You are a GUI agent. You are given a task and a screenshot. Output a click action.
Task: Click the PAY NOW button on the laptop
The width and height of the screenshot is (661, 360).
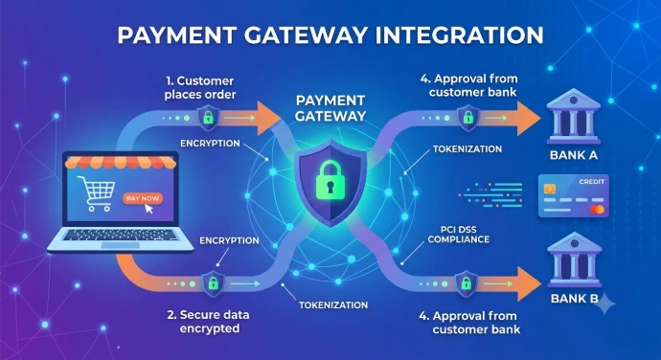click(x=143, y=198)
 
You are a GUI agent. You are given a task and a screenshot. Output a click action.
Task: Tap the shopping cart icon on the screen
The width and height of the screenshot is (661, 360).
click(x=97, y=193)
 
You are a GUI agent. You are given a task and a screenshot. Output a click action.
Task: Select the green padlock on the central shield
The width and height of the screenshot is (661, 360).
click(x=330, y=179)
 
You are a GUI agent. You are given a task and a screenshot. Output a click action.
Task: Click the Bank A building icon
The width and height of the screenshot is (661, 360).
click(x=573, y=116)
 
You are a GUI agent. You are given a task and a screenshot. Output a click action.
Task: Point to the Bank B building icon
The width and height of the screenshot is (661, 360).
click(x=574, y=259)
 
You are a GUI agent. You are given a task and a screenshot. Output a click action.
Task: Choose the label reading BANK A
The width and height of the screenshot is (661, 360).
click(x=573, y=155)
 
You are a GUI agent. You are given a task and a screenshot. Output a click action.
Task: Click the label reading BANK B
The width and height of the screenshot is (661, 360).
click(x=574, y=299)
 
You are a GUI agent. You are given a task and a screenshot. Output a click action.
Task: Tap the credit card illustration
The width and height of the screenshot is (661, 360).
click(x=573, y=196)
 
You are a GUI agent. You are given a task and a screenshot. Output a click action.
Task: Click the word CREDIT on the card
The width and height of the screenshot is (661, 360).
click(x=591, y=182)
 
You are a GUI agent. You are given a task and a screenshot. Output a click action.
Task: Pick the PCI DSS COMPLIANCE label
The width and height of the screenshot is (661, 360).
click(x=459, y=235)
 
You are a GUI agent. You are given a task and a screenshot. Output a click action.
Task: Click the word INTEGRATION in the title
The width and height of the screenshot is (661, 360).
click(x=459, y=35)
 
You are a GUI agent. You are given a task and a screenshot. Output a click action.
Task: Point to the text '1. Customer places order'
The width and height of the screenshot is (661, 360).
click(x=200, y=88)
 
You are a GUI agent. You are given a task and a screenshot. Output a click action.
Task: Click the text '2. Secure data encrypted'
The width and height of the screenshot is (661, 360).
click(x=208, y=322)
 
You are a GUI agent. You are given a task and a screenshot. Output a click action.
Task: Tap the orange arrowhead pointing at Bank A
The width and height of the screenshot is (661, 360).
click(x=528, y=118)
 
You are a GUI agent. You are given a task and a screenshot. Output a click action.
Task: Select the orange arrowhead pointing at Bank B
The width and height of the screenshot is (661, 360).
click(x=529, y=283)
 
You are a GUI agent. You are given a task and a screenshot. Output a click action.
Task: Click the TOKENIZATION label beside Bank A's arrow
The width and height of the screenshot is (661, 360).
click(x=467, y=148)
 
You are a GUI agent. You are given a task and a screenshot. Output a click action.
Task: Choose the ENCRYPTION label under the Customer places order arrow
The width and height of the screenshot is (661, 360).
click(x=210, y=144)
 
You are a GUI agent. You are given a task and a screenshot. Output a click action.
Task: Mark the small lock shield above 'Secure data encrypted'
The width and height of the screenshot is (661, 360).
click(x=214, y=283)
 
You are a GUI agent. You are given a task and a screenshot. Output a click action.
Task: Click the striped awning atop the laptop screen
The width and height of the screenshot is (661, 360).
click(x=121, y=162)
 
